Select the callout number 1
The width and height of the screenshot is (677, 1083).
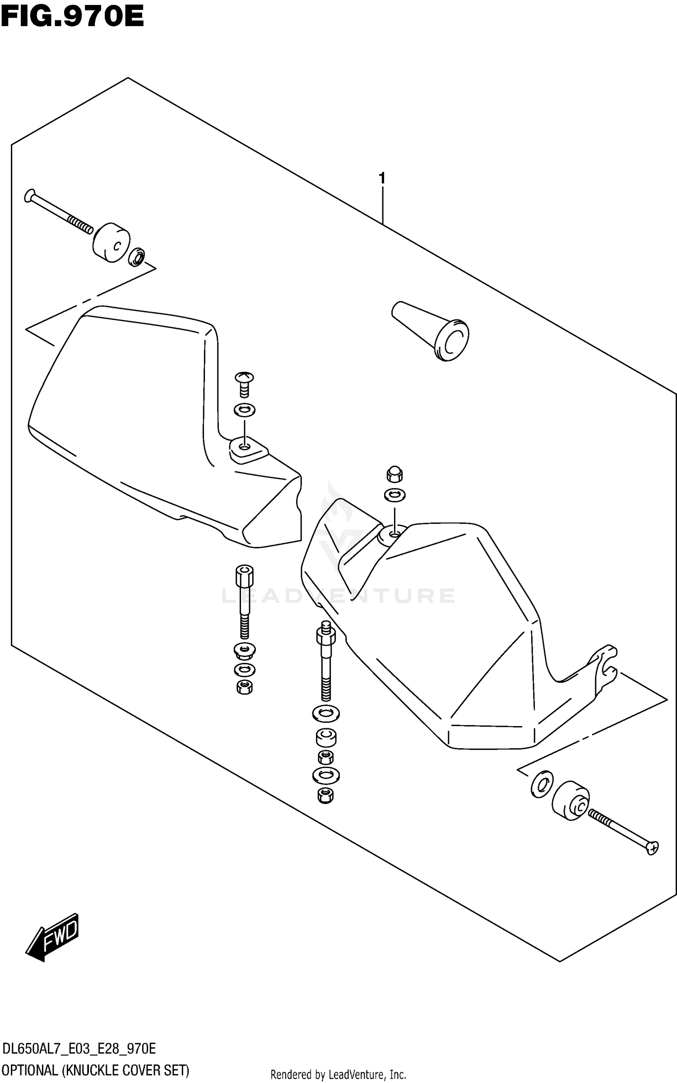[x=382, y=179]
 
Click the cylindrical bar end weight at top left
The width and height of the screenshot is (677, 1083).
[x=111, y=242]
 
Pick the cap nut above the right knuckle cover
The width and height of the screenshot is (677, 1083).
[x=394, y=474]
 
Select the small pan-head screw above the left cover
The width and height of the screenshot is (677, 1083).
[x=244, y=384]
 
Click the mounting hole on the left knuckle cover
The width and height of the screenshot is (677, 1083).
[x=244, y=447]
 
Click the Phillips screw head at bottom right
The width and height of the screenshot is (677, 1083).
[x=653, y=848]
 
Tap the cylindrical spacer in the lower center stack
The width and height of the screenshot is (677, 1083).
[x=326, y=737]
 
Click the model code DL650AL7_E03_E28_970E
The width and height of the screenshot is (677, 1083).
[x=79, y=1045]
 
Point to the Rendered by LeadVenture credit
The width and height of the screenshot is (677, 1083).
[x=338, y=1074]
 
